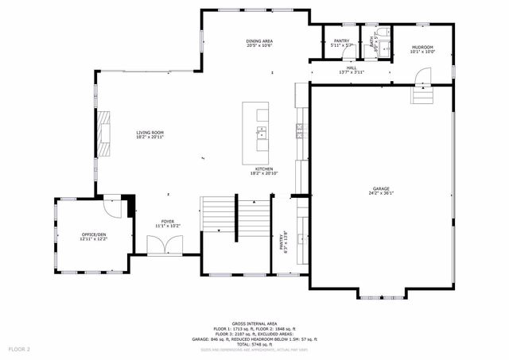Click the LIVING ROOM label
[x=150, y=133]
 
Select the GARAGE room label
[x=382, y=189]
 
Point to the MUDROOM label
[x=422, y=48]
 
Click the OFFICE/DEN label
[x=94, y=234]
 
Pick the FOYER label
[x=168, y=222]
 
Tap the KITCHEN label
[x=264, y=168]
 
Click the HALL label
[x=352, y=68]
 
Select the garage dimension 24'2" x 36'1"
[x=382, y=194]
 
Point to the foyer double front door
[x=167, y=246]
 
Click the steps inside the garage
[x=422, y=95]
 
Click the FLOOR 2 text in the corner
[x=19, y=349]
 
